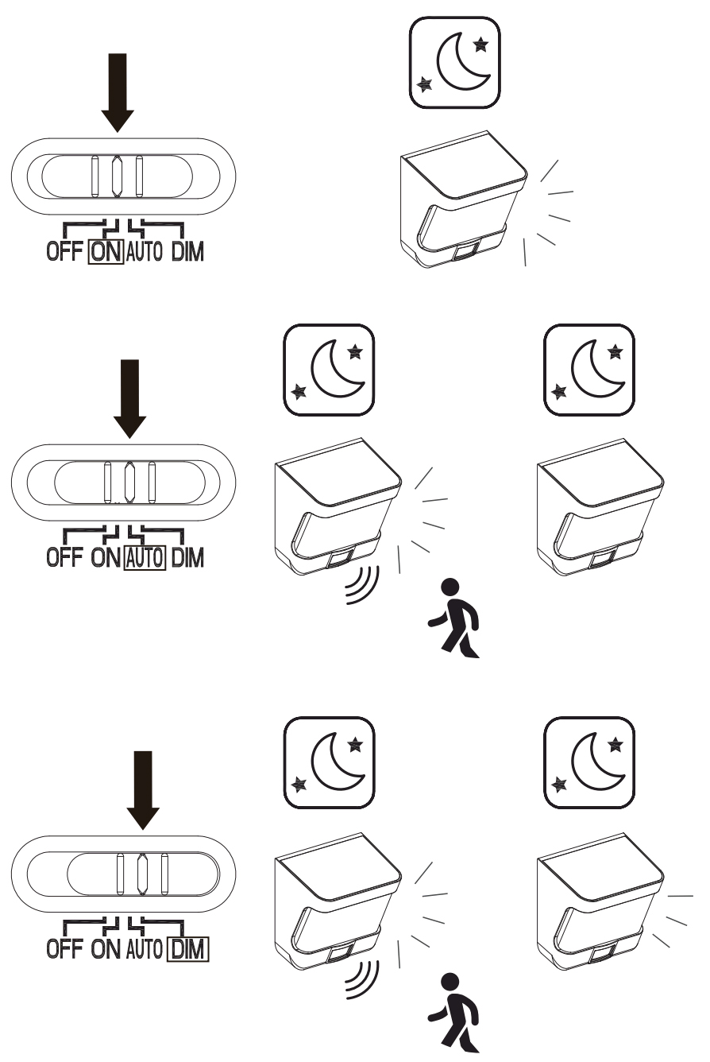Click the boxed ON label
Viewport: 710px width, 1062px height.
tap(105, 254)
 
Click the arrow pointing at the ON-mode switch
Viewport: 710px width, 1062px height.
tap(118, 92)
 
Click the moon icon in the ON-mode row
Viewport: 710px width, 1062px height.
tap(455, 63)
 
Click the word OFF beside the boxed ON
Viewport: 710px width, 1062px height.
tap(65, 254)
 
